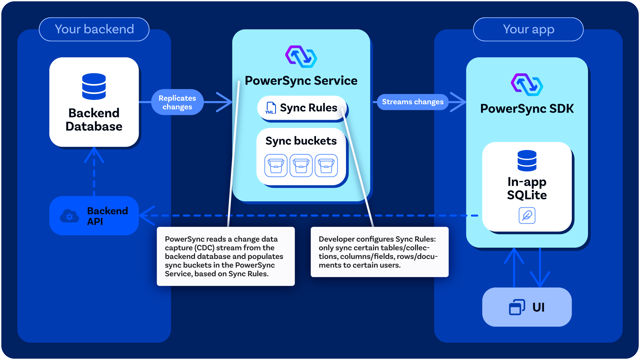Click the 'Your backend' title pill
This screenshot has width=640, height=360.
point(94,29)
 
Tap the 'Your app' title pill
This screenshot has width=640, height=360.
point(528,29)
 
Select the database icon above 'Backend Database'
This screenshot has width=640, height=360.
point(94,86)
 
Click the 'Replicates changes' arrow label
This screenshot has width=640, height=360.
point(177,102)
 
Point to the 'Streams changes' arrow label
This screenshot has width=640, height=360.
point(413,102)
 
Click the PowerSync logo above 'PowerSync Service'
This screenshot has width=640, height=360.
point(301,57)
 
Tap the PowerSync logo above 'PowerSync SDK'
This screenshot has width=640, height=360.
point(527,85)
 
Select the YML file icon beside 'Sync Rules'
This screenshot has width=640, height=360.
point(270,108)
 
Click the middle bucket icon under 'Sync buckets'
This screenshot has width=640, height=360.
point(301,165)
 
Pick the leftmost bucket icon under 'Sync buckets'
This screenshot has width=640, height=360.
point(276,165)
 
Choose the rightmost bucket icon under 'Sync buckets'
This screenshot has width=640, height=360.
point(326,165)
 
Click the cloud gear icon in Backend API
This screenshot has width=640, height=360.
point(69,216)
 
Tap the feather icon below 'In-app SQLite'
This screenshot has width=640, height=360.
point(527,215)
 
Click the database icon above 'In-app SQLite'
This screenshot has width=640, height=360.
point(527,161)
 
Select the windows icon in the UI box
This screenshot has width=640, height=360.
point(517,307)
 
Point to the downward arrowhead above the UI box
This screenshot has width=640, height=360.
point(540,279)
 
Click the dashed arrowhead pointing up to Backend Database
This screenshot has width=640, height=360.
point(94,155)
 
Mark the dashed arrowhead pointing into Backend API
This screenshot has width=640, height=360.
point(147,216)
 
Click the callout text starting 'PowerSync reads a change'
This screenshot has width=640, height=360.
point(224,256)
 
